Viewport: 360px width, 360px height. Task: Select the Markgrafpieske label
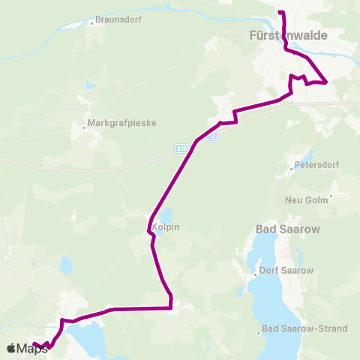click(121, 122)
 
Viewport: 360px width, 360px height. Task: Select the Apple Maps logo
click(27, 348)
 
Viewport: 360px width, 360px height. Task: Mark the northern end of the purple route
click(280, 13)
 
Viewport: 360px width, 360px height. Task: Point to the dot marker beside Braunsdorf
click(91, 22)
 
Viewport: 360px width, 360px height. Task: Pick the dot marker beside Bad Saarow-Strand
click(259, 332)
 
